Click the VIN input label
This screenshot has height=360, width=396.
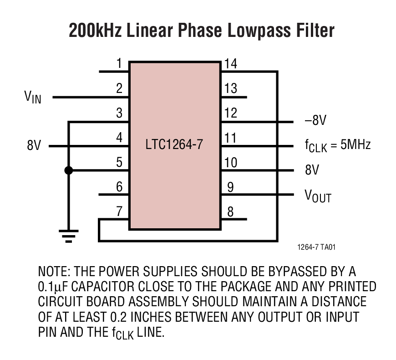tap(33, 97)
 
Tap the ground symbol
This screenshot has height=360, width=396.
tap(68, 234)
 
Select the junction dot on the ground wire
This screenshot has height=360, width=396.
tap(68, 170)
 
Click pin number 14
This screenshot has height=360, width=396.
tap(230, 63)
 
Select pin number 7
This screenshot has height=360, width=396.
tap(119, 211)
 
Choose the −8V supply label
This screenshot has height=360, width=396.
tap(316, 121)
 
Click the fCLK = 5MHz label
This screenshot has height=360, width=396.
tap(337, 146)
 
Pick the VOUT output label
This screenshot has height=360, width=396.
tap(318, 196)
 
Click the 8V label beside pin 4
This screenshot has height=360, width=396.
tap(34, 146)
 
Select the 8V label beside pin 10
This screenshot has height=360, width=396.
tap(312, 170)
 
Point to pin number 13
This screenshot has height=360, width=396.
tap(230, 88)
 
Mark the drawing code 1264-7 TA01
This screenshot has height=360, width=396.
tap(316, 247)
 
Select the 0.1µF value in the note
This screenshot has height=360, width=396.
tap(54, 287)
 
